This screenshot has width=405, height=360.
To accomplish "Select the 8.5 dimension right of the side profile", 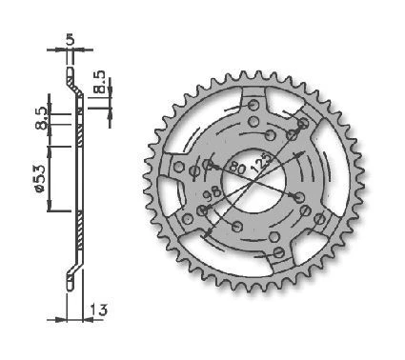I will [x=102, y=75].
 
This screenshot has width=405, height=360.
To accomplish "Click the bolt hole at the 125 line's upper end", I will [x=301, y=124].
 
